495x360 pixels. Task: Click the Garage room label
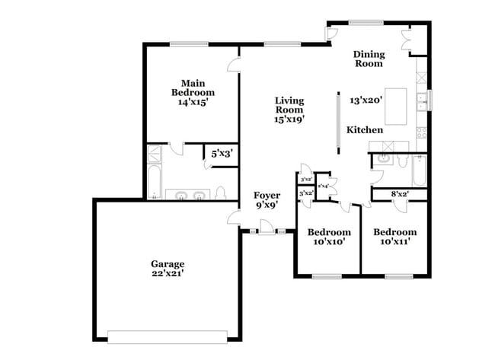167,264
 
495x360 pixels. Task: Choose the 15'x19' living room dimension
289,119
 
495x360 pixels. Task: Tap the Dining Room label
369,59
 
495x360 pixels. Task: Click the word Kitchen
365,130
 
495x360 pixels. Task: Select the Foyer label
267,196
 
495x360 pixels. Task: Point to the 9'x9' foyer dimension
267,205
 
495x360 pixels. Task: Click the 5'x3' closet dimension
221,154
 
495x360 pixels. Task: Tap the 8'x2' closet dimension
399,194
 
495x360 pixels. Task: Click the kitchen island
398,110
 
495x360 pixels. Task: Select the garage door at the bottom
168,335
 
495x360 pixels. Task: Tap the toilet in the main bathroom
219,193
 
